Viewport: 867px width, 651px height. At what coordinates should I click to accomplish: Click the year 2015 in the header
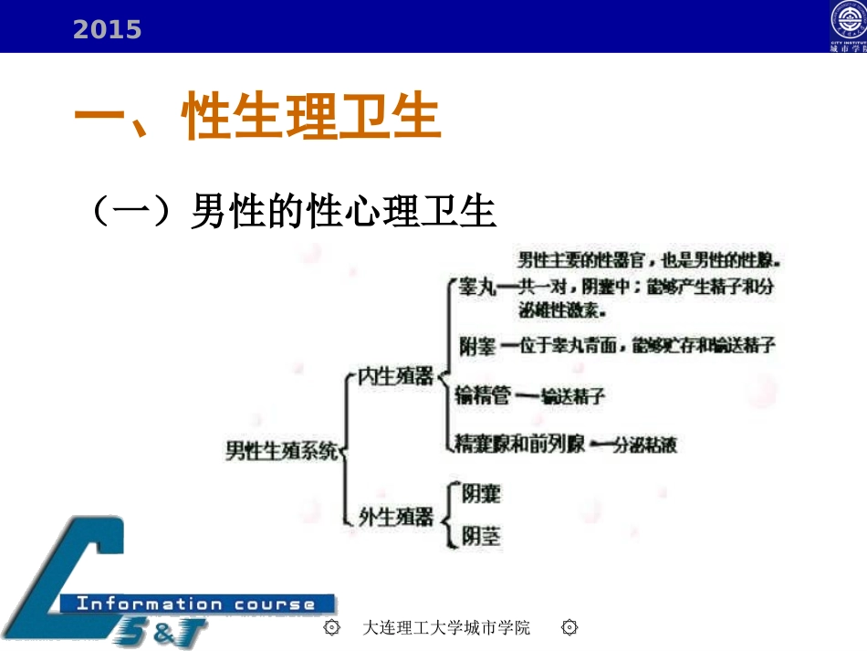(107, 30)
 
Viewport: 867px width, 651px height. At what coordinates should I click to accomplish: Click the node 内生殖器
(393, 376)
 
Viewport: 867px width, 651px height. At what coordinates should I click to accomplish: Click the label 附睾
(478, 346)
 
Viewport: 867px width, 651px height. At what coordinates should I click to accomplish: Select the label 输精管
(482, 395)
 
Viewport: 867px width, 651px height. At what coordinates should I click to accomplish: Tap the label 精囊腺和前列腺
(520, 446)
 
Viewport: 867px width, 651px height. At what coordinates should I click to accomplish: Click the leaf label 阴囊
(481, 495)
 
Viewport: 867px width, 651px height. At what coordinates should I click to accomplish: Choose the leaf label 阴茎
(481, 536)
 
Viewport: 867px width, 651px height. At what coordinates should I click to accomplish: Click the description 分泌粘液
(644, 446)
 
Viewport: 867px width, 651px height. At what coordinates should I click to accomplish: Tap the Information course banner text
(195, 604)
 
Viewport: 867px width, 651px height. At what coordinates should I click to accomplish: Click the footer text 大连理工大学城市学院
(446, 628)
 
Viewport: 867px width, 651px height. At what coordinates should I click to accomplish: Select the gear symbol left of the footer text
(332, 628)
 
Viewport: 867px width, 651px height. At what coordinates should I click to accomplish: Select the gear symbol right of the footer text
(570, 628)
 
